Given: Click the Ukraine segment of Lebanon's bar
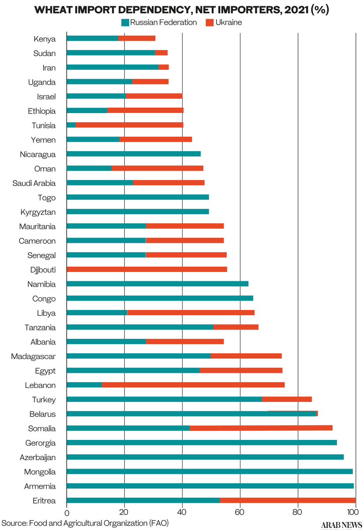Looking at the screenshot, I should point(193,385).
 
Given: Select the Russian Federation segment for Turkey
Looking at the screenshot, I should point(164,399).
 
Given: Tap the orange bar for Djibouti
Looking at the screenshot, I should point(147,269).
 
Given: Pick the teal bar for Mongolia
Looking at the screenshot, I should point(210,472).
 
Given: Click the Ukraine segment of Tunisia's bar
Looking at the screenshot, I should point(129,125).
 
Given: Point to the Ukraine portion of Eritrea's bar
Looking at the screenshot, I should point(288,500).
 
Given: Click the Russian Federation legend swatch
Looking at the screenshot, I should point(125,23).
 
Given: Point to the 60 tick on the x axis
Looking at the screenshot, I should point(240,513).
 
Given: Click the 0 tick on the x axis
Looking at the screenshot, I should point(67,513).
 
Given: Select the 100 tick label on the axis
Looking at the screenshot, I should point(354,513).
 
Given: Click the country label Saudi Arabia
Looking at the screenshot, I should point(34,183).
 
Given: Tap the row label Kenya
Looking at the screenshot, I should point(45,39).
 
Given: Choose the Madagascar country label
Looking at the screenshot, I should point(34,356).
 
